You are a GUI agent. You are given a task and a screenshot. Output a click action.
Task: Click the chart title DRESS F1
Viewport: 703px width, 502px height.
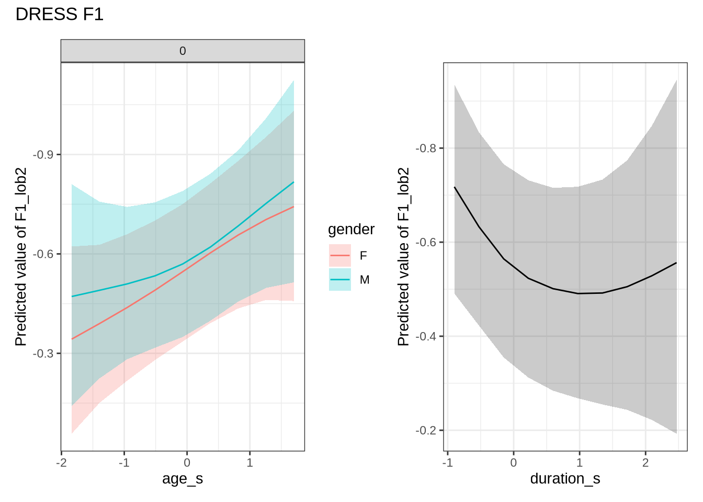60,15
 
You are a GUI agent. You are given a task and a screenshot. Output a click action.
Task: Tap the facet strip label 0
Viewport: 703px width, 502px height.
183,51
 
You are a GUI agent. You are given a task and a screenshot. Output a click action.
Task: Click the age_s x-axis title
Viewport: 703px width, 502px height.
183,478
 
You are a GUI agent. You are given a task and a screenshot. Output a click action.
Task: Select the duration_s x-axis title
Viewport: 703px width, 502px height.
565,478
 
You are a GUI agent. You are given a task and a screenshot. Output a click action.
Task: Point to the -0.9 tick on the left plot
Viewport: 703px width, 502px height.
46,155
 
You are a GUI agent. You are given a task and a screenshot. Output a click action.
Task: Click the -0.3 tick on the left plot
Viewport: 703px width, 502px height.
46,353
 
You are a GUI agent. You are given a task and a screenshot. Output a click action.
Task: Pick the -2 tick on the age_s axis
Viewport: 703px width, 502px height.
61,463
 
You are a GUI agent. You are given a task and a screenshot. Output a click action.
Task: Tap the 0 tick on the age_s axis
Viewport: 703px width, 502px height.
187,463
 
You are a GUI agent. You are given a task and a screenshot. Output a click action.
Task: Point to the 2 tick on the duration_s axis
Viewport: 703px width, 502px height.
645,463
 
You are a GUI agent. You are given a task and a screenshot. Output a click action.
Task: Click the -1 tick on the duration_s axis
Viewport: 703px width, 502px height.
447,463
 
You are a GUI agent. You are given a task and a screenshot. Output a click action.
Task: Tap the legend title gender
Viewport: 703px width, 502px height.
351,230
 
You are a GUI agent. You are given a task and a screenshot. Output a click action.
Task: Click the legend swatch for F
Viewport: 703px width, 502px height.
340,255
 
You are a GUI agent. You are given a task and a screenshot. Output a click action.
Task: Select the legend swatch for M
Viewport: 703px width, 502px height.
340,280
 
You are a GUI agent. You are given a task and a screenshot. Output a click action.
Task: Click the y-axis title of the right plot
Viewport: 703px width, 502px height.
403,256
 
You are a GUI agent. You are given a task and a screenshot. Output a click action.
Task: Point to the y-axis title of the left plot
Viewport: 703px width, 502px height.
20,256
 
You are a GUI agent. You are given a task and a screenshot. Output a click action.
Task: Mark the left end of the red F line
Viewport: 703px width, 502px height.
72,339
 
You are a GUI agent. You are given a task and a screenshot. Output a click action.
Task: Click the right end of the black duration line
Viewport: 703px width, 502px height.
676,263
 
